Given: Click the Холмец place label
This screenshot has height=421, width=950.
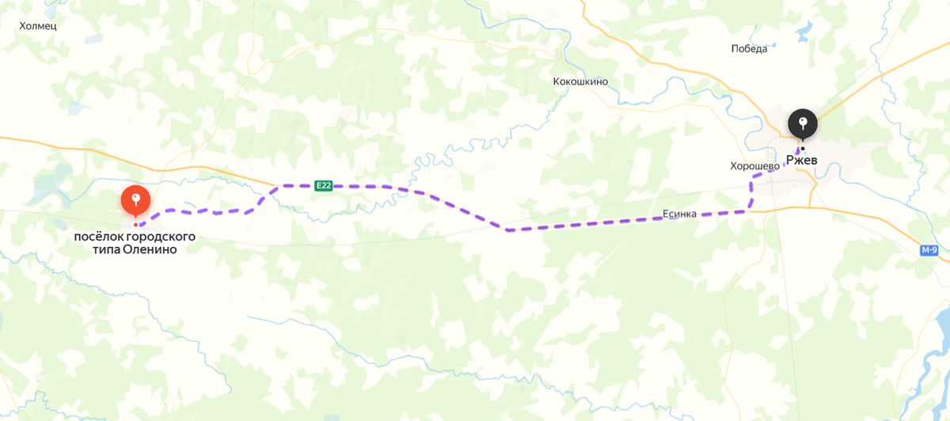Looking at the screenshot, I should (38, 25).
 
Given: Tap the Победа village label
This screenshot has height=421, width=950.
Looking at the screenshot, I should (749, 49).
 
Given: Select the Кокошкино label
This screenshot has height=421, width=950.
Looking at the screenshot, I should (580, 82).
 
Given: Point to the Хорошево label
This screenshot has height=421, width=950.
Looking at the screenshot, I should (755, 167).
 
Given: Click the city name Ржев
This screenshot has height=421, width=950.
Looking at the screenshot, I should (801, 160).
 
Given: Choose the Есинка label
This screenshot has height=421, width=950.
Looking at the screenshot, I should (679, 214).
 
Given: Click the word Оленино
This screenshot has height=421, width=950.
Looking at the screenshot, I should (150, 249).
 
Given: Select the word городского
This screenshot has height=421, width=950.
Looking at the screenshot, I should (164, 237).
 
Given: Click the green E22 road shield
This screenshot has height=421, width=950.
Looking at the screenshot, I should (323, 186).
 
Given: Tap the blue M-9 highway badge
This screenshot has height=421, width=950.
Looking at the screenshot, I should (929, 251).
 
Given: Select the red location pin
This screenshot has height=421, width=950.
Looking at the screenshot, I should (135, 199).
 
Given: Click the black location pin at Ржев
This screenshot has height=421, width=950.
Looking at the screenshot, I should (803, 124).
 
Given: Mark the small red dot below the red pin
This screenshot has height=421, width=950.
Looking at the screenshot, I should (135, 214).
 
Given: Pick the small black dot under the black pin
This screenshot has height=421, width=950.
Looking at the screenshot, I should (803, 148).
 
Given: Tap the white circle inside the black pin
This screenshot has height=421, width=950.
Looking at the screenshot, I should (803, 121).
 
